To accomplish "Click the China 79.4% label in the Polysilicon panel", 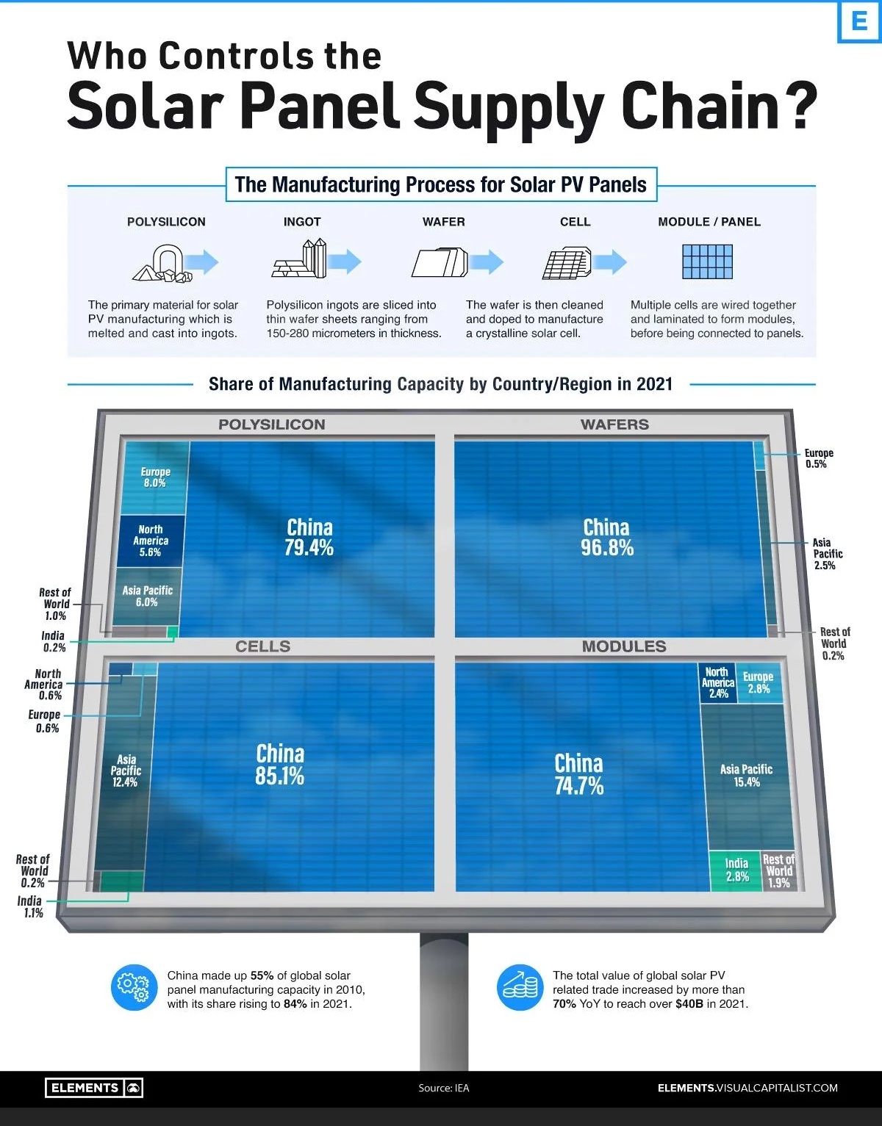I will [309, 538].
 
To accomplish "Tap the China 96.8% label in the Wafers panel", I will [606, 538].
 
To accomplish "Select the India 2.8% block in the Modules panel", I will [736, 870].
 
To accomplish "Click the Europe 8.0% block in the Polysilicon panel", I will [155, 477].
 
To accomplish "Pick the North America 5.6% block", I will [150, 541].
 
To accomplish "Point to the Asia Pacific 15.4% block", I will [746, 776].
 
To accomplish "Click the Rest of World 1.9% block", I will [778, 871].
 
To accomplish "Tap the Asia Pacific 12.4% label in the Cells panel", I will [125, 770].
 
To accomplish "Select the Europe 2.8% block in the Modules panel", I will [758, 682].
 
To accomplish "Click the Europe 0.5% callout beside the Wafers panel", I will [818, 458].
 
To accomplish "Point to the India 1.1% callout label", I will [30, 906].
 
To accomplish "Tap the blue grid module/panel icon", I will [707, 261].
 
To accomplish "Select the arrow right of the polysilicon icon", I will [201, 261].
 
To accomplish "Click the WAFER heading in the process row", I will [443, 222].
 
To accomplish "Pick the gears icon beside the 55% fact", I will [134, 988].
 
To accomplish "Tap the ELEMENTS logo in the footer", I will [93, 1088].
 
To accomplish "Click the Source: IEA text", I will [443, 1088].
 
